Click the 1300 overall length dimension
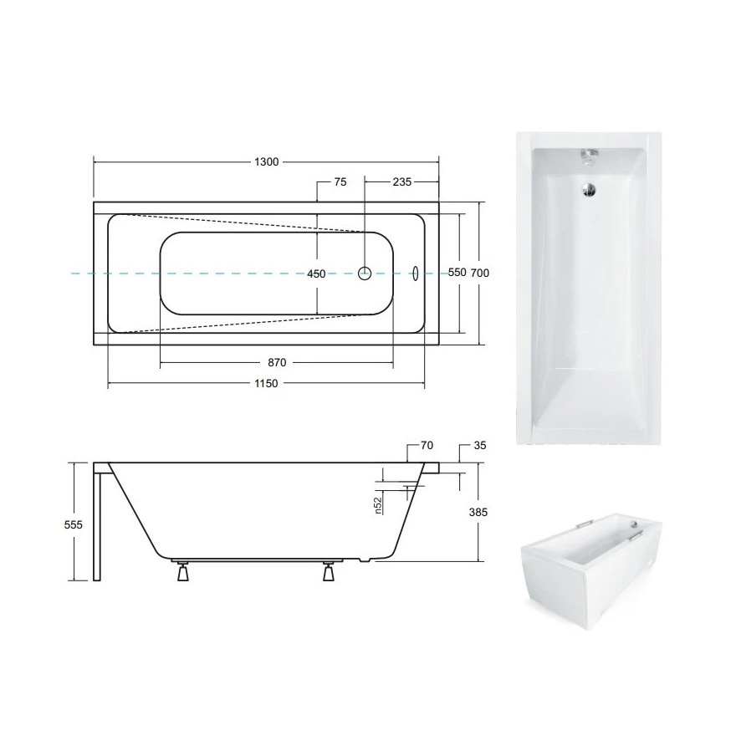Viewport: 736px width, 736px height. [266, 162]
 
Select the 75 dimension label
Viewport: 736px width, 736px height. [340, 181]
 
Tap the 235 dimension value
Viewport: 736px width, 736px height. [401, 181]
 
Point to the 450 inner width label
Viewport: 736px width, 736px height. [316, 273]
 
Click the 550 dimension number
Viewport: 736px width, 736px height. [457, 273]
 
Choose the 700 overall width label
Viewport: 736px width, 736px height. [479, 273]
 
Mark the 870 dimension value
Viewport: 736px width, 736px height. [277, 362]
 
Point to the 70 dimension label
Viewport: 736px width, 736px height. [427, 446]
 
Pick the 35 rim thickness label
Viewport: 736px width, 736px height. [479, 446]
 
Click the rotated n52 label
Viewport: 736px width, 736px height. [378, 506]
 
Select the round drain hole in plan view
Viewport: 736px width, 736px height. [365, 273]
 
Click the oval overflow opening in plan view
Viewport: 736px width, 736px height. [415, 273]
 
